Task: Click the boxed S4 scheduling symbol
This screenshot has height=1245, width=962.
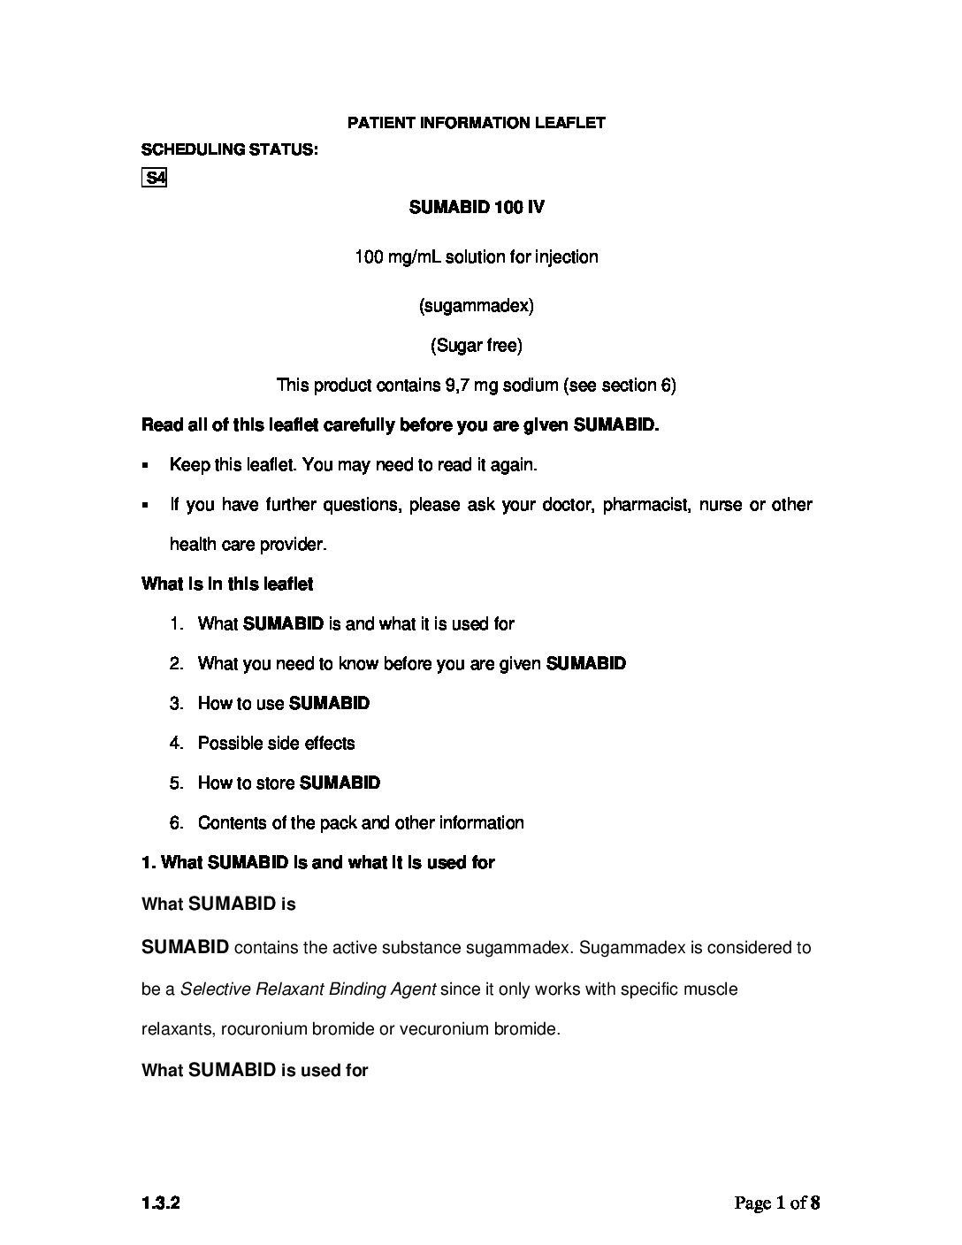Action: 155,178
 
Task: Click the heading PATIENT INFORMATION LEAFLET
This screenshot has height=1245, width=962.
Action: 476,123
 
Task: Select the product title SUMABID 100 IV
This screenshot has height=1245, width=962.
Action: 476,208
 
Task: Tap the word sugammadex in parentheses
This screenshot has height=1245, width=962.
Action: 476,306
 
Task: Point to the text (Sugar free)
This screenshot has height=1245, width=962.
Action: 476,346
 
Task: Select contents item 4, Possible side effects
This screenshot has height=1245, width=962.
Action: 276,744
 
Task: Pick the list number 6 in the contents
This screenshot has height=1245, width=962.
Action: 176,823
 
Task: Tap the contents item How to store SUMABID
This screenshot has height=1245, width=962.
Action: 288,783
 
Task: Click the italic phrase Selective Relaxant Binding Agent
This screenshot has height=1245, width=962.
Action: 308,989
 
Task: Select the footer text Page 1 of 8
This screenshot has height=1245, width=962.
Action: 777,1203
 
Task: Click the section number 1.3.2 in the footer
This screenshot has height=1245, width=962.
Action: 155,1203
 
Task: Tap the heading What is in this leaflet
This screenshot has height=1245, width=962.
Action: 227,584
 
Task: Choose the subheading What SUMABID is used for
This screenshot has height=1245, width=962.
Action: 255,1071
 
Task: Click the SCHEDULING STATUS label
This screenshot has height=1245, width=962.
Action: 230,149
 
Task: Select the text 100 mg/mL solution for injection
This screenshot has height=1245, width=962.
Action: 476,257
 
